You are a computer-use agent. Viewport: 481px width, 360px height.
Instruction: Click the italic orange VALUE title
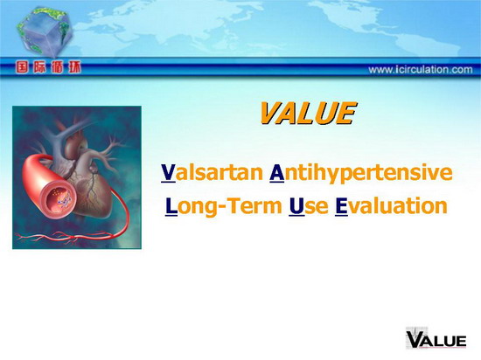(308, 113)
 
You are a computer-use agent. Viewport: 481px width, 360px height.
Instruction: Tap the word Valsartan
(212, 172)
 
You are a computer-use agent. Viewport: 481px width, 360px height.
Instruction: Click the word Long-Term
(223, 205)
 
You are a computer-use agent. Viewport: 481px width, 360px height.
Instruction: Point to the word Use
(309, 206)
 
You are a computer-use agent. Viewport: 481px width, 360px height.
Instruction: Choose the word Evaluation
(391, 205)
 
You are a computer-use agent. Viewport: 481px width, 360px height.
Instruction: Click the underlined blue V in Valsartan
(168, 172)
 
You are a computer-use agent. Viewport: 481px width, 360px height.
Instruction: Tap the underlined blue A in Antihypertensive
(276, 172)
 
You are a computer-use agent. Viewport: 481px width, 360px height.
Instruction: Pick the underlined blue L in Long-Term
(171, 206)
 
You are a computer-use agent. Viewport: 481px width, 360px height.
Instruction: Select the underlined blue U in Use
(296, 206)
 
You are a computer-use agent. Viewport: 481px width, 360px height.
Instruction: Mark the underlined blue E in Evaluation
(341, 206)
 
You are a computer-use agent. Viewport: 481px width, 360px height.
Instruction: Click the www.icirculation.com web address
(421, 70)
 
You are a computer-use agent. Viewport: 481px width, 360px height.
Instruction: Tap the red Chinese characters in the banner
(48, 67)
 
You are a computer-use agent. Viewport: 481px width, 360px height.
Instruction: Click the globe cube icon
(45, 31)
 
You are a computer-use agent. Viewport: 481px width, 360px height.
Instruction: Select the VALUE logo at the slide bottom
(436, 339)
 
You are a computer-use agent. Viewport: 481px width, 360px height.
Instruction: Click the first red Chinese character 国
(22, 67)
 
